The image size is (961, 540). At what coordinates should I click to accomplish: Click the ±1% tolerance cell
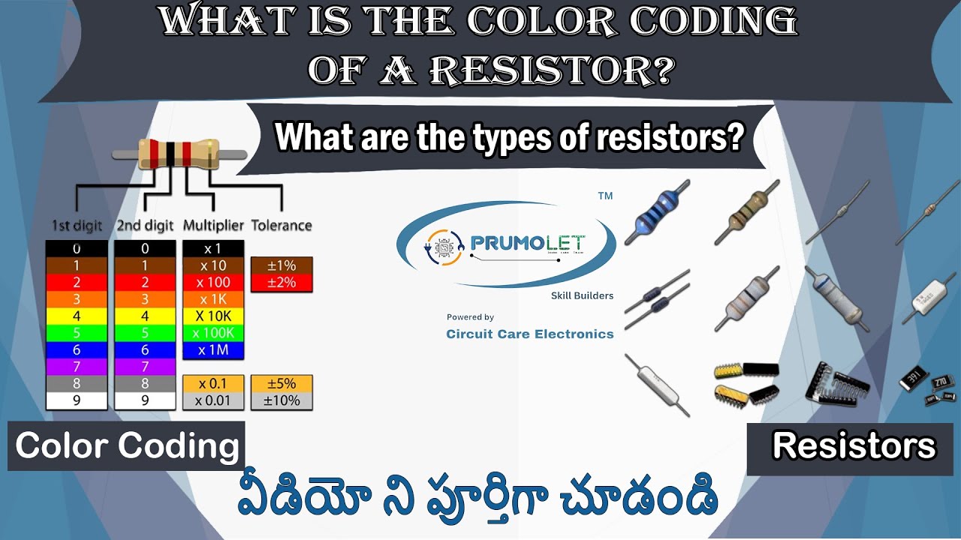[x=281, y=265]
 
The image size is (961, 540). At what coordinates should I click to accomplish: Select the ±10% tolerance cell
[x=281, y=400]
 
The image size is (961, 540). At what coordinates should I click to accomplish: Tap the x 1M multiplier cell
[x=213, y=350]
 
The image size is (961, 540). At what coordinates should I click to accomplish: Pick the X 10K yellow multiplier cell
[x=213, y=316]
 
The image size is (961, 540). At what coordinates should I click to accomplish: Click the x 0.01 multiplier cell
[x=213, y=400]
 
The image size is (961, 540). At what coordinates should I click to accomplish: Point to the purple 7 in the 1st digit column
[x=77, y=367]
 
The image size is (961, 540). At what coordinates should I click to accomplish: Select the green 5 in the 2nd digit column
[x=145, y=333]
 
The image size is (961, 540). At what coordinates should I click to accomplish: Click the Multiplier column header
[x=213, y=225]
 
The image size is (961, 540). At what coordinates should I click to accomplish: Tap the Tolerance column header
[x=281, y=225]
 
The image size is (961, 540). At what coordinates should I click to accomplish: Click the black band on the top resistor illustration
[x=172, y=153]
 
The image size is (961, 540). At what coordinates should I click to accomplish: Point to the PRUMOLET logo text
[x=527, y=243]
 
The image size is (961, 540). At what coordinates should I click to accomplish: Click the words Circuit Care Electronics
[x=529, y=334]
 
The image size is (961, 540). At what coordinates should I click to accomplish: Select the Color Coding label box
[x=126, y=446]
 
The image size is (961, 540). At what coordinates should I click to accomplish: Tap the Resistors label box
[x=854, y=446]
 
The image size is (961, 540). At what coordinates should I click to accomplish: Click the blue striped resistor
[x=657, y=213]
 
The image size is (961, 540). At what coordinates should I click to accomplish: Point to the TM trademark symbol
[x=605, y=196]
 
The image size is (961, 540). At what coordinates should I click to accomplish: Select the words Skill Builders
[x=582, y=295]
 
